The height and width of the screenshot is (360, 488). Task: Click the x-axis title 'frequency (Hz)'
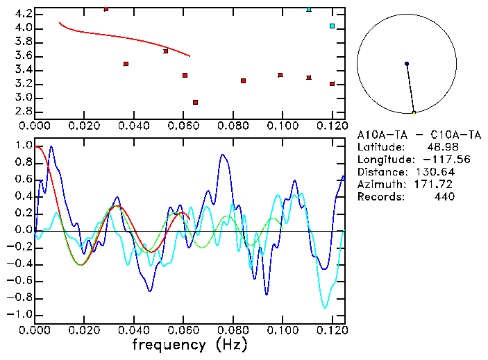(x=190, y=344)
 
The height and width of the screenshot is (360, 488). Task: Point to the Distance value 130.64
(x=437, y=172)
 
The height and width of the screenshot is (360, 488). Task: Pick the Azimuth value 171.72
(x=437, y=185)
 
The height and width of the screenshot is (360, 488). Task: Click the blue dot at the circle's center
(x=407, y=64)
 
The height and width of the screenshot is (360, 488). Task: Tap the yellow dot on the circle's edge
(x=414, y=112)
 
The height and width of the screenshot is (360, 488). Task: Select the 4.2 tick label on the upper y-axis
(x=23, y=14)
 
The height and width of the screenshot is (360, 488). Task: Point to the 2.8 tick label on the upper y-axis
(x=23, y=112)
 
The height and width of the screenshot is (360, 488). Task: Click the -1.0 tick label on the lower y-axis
(x=20, y=314)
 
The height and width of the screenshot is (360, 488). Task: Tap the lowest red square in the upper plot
(x=195, y=102)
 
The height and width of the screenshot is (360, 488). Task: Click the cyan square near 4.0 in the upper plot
(x=332, y=26)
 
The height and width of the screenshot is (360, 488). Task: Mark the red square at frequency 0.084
(x=243, y=80)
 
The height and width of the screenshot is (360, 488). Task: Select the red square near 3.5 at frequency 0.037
(x=126, y=64)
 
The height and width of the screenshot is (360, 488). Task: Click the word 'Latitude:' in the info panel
(x=380, y=147)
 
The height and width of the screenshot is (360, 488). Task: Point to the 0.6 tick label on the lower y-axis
(x=23, y=180)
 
